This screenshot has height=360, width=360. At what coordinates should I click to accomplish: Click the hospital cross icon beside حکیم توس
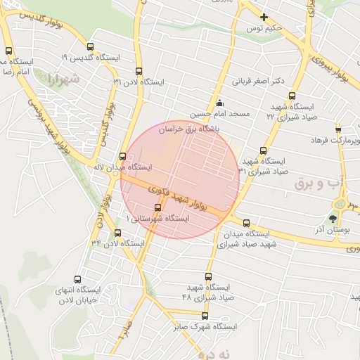pos(264,17)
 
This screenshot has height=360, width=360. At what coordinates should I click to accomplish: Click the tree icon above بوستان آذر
pos(333,219)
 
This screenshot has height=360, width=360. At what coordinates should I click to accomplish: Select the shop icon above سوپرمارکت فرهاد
pos(338,129)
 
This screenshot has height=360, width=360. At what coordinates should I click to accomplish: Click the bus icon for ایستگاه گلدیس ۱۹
pos(8,51)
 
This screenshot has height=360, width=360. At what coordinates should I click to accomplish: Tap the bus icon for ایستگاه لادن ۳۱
pos(138,71)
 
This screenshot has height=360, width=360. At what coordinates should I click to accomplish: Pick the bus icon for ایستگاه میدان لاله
pos(122,156)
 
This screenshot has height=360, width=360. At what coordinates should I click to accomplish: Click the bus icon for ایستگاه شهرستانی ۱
pos(157,207)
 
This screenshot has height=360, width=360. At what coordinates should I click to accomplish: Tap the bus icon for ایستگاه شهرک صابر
pos(205,316)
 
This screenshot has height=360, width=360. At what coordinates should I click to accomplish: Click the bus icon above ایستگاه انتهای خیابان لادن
pos(77,278)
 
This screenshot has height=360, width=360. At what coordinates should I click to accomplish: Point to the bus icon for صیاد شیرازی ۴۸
pos(208,276)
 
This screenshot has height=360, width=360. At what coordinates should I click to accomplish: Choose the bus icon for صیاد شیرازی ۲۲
pos(292,98)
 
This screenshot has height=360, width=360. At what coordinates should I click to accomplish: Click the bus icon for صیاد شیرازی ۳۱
pos(263,150)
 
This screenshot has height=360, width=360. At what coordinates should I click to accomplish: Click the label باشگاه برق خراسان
pos(190,129)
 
